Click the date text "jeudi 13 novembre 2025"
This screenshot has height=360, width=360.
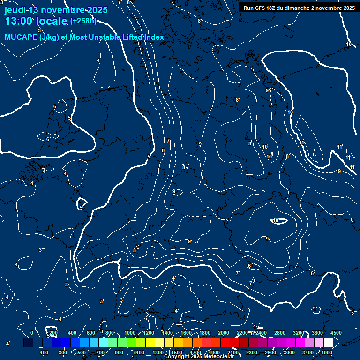pos(56,10)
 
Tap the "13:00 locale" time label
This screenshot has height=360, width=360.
pos(36,21)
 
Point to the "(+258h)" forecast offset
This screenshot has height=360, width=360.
pos(83,21)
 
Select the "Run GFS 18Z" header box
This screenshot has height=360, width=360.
pos(299,7)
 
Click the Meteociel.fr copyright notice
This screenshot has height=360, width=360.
pos(199,356)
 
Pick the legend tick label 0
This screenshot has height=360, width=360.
pos(32,333)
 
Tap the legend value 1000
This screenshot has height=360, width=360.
pos(130,333)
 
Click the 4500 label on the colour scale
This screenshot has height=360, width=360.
pos(336,333)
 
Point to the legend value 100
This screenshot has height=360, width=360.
pos(45,352)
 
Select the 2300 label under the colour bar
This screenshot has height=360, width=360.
pos(252,352)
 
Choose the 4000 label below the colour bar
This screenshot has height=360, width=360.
pos(327,352)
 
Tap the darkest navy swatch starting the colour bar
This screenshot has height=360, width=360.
pos(28,343)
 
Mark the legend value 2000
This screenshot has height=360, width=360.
pos(224,333)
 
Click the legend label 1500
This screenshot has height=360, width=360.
pos(177,352)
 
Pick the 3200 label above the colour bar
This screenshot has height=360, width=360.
pos(299,333)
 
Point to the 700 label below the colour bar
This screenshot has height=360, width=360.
pos(100,352)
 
